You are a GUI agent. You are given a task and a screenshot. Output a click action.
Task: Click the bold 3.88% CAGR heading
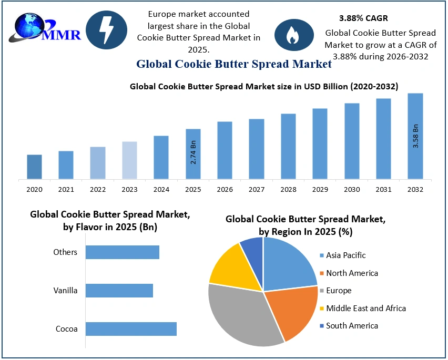coord(363,18)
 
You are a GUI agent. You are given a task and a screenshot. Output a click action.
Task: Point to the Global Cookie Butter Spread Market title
coord(234,64)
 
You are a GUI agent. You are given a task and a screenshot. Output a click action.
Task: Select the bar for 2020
coord(34,167)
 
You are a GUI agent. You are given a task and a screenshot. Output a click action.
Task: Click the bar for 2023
coord(129,160)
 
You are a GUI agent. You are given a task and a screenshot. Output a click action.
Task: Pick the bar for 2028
coord(288,146)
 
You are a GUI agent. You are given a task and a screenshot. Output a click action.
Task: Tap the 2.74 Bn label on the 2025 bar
coord(193,152)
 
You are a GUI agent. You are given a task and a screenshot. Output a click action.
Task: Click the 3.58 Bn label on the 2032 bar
coord(415,136)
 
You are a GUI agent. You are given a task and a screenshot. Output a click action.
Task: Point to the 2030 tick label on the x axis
coord(352,189)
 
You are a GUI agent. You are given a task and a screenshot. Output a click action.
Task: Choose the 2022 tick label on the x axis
coord(98,189)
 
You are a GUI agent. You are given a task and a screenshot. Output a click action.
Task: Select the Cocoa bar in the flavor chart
coord(131,329)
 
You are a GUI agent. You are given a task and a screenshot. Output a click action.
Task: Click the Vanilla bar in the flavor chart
coord(119,291)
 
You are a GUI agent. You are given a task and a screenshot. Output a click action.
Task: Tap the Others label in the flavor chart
coord(65,252)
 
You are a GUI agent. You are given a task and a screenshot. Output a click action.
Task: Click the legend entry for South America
coord(352,326)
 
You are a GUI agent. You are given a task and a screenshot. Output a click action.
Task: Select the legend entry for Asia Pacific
coord(345,255)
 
